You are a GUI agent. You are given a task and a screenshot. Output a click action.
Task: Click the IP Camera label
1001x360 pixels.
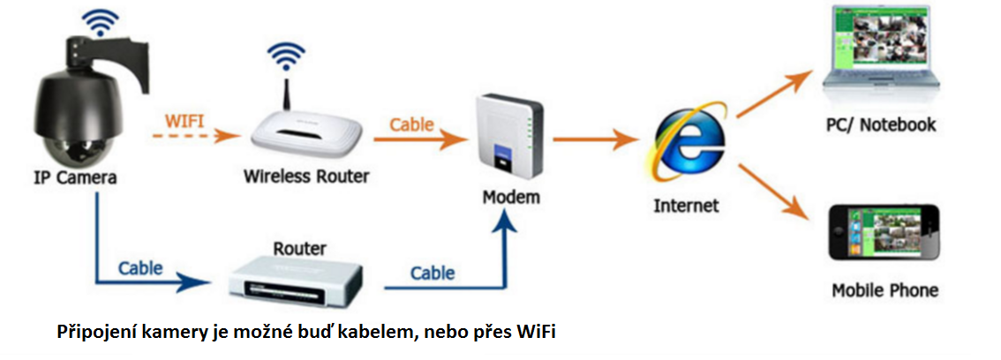pos(74,176)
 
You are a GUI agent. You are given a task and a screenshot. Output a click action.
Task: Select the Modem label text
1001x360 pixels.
pos(511,196)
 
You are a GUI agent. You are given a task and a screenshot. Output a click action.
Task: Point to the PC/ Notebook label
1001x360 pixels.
pos(880,124)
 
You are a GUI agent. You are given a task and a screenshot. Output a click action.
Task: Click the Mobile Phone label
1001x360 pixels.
pos(884,289)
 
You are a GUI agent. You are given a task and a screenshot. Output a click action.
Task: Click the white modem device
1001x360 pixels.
pos(506,136)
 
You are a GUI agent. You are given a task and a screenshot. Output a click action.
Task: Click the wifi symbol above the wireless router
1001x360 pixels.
pos(283,57)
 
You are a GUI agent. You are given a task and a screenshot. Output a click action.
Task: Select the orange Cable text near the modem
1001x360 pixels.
pos(412,124)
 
